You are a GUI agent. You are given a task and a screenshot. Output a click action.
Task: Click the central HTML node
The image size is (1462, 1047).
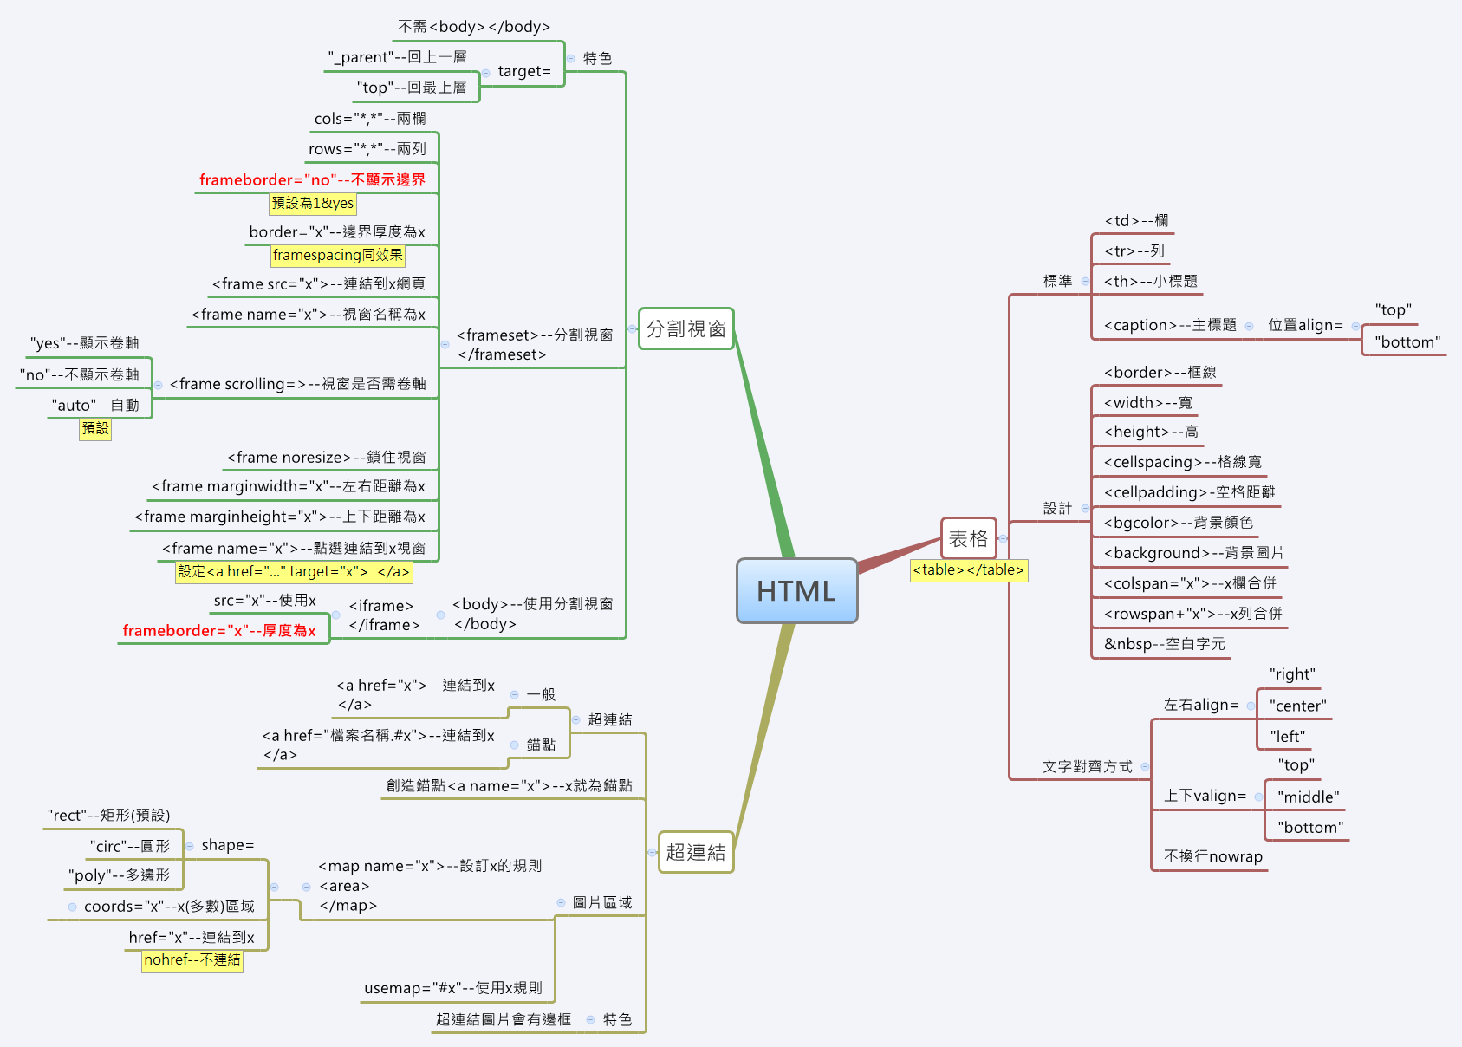[x=796, y=590]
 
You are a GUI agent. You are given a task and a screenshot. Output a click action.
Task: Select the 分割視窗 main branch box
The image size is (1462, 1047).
[x=686, y=328]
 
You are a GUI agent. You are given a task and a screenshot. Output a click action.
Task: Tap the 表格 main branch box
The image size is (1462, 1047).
[x=968, y=538]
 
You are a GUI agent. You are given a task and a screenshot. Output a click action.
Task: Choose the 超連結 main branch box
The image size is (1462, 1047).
[x=695, y=852]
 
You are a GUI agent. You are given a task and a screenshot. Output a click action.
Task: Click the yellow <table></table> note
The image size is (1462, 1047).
[x=968, y=570]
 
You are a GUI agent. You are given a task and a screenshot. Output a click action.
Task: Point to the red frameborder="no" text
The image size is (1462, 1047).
[x=312, y=179]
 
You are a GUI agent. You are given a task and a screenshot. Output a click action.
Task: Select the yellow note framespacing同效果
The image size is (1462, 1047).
[x=337, y=255]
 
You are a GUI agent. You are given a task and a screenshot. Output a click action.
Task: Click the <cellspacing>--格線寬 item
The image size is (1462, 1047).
[x=1182, y=462]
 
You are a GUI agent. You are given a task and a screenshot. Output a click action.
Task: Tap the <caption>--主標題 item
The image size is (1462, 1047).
[x=1169, y=325]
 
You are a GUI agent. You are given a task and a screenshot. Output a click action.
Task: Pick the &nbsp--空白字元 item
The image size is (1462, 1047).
[x=1164, y=644]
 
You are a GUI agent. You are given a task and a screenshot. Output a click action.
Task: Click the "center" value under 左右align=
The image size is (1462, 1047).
[x=1297, y=706]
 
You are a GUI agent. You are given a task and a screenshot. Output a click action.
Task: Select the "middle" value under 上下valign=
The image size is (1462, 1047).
[x=1308, y=797]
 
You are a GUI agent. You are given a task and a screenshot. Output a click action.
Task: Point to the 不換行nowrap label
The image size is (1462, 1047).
[x=1212, y=856]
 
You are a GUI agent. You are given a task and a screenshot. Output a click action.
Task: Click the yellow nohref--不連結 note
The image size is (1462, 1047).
[x=192, y=960]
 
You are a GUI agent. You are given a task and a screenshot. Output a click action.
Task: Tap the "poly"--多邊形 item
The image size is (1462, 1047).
[x=119, y=875]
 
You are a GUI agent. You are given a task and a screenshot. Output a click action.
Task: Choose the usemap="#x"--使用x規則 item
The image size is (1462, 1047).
[x=453, y=988]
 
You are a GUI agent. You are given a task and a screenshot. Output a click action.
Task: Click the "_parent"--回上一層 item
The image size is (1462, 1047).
[x=397, y=57]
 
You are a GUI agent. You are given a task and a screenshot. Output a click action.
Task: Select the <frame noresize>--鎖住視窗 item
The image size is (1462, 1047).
[x=326, y=457]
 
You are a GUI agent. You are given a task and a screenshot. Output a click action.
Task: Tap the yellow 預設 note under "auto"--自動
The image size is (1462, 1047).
[x=95, y=428]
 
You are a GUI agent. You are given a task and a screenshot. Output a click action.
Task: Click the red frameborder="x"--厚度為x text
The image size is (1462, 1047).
[x=219, y=630]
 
